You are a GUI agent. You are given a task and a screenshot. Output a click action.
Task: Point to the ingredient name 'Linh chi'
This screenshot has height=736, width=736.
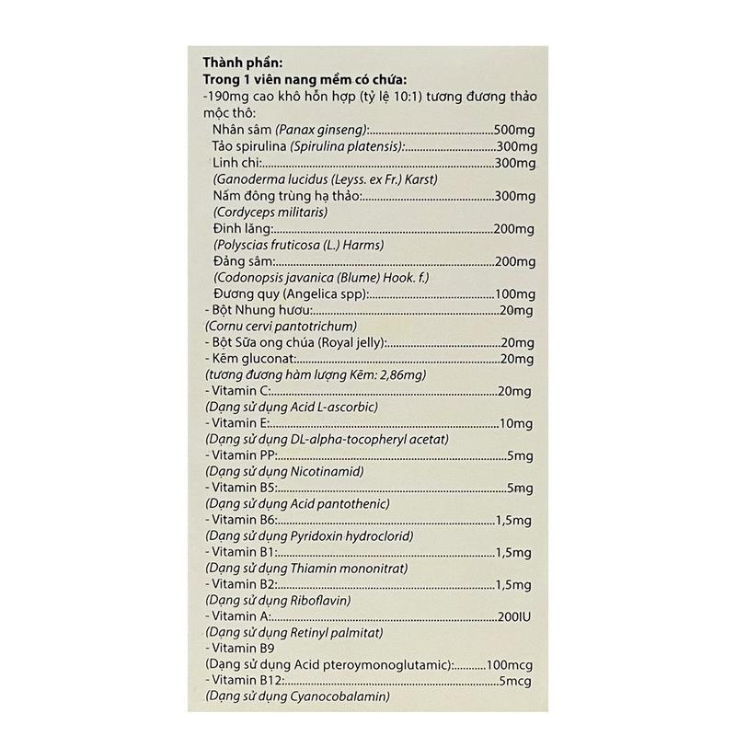232,163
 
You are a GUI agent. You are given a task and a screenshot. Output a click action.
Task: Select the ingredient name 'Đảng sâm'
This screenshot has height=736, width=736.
236,261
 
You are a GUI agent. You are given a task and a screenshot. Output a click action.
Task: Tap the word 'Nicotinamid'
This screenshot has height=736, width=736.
327,472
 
